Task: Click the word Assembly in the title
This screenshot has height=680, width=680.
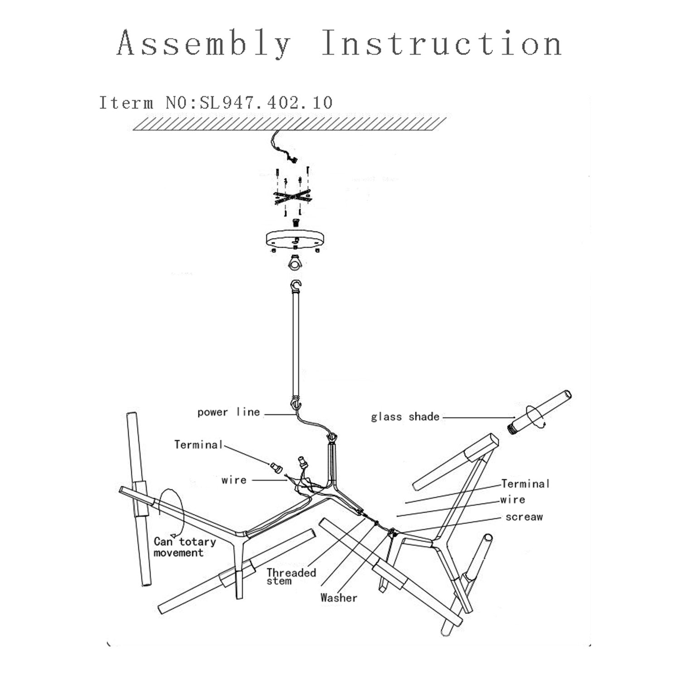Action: coord(204,44)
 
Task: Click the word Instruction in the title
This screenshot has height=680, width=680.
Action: coord(442,44)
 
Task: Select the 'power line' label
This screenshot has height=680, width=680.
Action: coord(228,412)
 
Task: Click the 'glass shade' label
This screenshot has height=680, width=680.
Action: coord(405,417)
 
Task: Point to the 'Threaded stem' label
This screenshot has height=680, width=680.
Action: coord(291,576)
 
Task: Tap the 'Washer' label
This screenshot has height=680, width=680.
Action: coord(339,598)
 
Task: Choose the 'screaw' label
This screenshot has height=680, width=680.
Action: coord(524,517)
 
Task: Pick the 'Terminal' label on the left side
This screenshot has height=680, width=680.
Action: coord(199,444)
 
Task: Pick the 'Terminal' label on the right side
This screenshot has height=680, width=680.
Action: coord(525,484)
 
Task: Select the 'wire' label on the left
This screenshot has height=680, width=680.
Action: coord(234,480)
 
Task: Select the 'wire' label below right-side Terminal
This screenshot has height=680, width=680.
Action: coord(513,500)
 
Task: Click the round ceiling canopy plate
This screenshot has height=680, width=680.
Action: coord(295,239)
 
